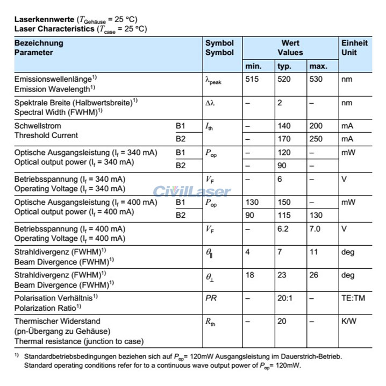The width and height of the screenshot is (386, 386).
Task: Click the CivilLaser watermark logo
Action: click(192, 191)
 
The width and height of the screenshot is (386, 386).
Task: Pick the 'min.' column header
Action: click(253, 66)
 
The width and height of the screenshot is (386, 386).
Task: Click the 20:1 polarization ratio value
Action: click(285, 297)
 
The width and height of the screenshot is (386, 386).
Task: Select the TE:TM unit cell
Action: click(353, 297)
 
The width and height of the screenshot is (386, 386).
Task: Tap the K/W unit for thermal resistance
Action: click(349, 321)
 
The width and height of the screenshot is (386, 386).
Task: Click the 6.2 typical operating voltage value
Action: click(283, 228)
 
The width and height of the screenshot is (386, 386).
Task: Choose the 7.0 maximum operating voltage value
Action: click(316, 228)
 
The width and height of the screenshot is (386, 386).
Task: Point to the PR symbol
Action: click(211, 297)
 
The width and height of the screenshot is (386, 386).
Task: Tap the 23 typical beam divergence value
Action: click(282, 275)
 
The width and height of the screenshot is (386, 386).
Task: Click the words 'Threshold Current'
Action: click(46, 135)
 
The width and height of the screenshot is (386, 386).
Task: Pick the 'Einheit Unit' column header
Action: click(354, 48)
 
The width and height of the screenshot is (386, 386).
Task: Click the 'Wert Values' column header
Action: click(290, 48)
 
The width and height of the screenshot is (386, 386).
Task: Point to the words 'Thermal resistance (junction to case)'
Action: click(79, 341)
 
